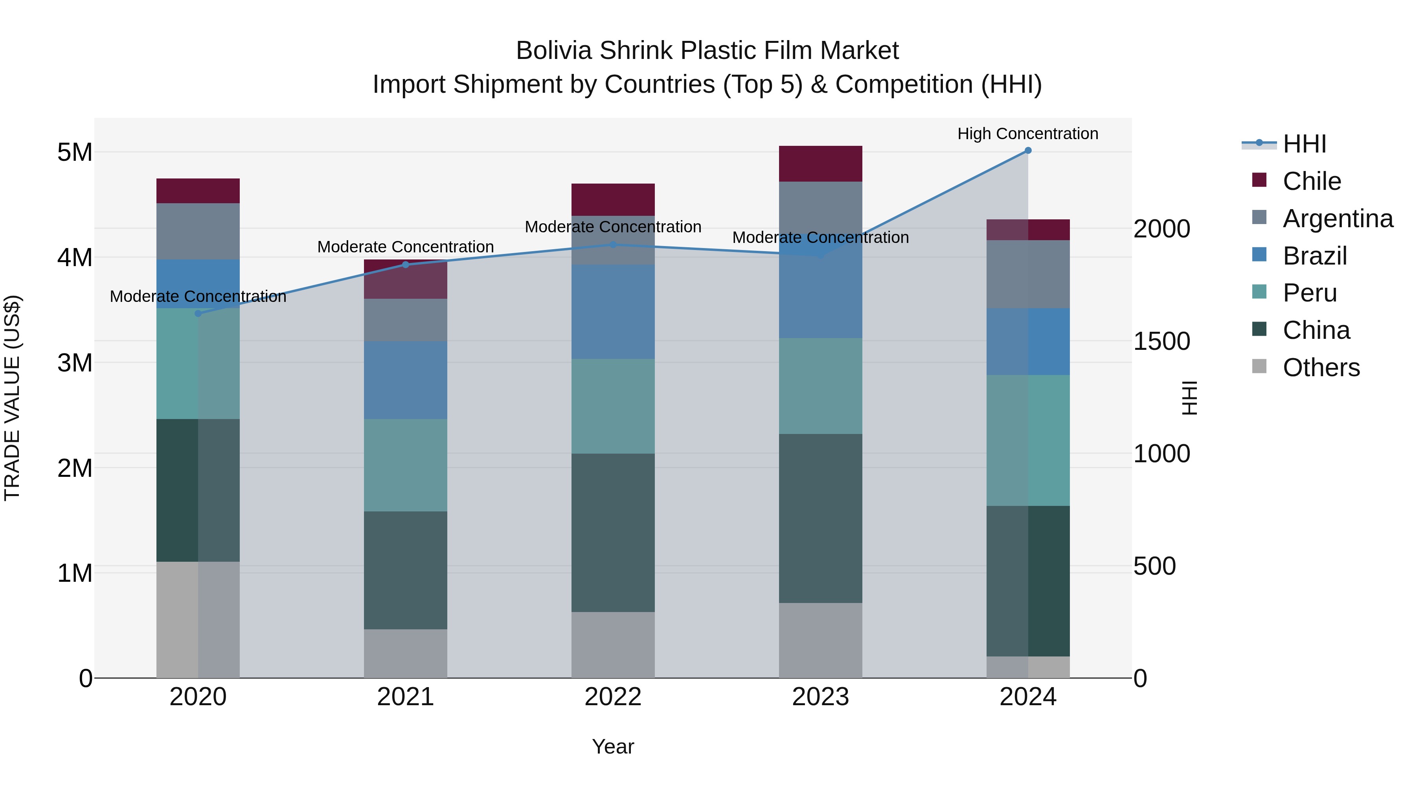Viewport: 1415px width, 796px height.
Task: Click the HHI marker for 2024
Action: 1028,151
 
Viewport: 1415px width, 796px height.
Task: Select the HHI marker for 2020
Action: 198,314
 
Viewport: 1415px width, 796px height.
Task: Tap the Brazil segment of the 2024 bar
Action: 1028,341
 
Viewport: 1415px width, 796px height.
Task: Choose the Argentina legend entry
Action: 1338,219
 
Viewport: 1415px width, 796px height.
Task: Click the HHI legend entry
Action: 1304,144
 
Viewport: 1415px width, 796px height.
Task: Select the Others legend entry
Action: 1321,368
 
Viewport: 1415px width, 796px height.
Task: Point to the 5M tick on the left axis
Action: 75,152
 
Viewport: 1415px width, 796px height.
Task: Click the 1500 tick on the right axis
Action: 1161,341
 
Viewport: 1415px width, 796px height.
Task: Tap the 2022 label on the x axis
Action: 613,697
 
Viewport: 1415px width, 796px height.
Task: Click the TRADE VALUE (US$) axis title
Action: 12,398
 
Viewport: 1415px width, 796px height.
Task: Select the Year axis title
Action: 613,746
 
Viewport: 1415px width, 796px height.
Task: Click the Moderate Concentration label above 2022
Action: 613,226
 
